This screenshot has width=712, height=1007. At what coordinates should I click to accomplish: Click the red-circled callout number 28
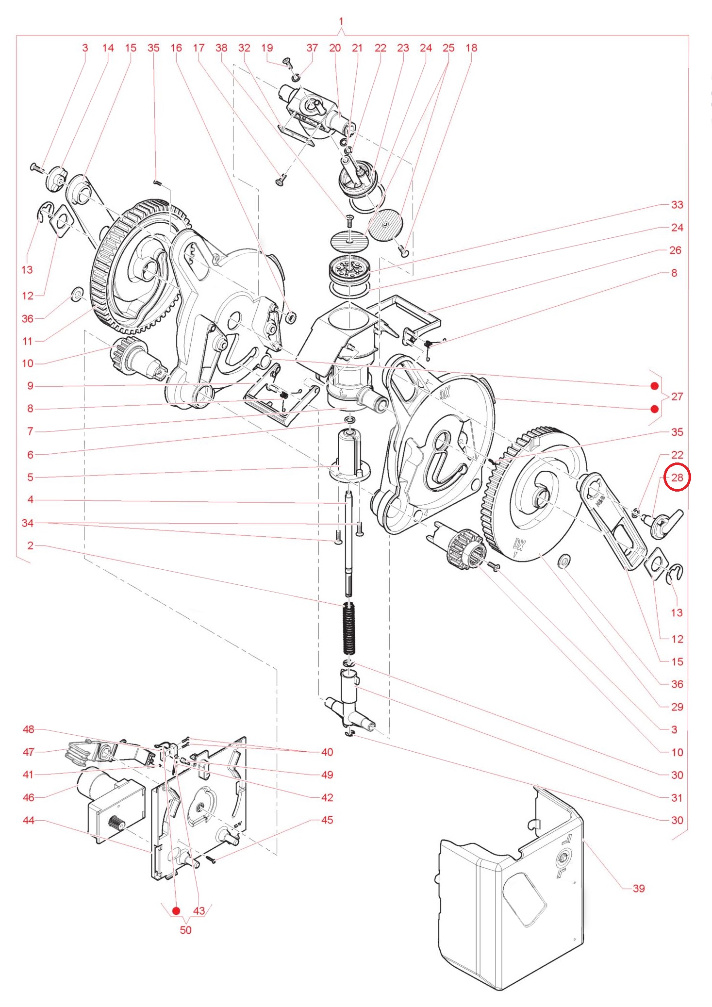[677, 478]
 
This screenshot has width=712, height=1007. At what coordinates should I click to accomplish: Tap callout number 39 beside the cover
[639, 889]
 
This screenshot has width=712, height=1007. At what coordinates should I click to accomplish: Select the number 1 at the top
[341, 21]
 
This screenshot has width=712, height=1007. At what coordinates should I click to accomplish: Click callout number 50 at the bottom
[185, 930]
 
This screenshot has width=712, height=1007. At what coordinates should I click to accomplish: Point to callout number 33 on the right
[677, 205]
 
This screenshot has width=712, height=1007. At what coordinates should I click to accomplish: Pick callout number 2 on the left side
[30, 545]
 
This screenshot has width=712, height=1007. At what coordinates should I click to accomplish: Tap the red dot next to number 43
[176, 910]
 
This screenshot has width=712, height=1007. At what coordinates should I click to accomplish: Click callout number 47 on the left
[29, 752]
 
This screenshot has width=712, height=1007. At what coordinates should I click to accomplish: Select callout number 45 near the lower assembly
[327, 820]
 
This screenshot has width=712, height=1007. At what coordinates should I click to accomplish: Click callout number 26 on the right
[675, 250]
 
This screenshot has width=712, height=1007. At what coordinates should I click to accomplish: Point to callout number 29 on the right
[677, 707]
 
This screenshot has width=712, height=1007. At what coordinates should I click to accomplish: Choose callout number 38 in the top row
[221, 48]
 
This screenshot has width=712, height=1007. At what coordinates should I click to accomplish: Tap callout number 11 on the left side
[28, 341]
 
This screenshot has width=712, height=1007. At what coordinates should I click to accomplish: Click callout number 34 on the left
[28, 523]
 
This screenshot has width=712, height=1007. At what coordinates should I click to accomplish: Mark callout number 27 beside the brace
[677, 396]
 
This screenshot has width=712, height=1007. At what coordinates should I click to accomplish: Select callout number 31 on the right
[677, 797]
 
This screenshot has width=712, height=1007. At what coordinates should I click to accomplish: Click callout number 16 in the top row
[176, 48]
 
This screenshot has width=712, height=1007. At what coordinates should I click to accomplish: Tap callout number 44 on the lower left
[29, 820]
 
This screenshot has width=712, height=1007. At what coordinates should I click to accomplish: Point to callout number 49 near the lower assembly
[327, 775]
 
